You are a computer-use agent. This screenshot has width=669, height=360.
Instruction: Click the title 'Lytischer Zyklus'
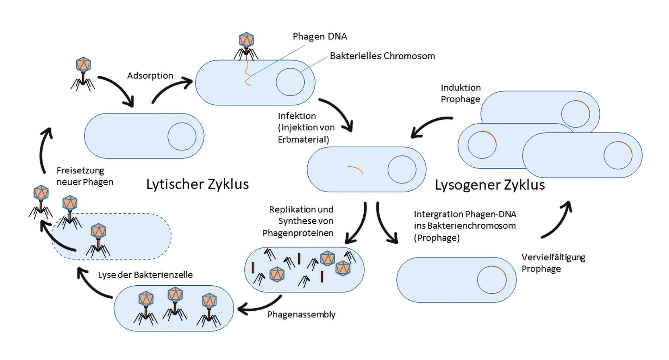tap(198, 184)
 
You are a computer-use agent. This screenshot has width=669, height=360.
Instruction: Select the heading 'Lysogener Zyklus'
tap(490, 185)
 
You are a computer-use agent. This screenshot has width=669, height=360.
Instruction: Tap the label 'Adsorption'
tap(150, 76)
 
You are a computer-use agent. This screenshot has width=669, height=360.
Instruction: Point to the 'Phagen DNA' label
tap(320, 36)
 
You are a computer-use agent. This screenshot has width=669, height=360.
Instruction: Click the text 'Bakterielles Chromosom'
tap(382, 56)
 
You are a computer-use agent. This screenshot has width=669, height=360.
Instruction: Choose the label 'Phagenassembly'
tap(301, 314)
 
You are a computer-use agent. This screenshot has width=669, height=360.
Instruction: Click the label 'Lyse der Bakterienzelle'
tap(145, 275)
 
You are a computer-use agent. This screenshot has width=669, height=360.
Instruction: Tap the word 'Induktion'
tap(461, 88)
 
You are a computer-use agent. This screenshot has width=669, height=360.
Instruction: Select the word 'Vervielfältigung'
tap(553, 257)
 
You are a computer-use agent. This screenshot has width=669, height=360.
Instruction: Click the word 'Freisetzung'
tap(80, 170)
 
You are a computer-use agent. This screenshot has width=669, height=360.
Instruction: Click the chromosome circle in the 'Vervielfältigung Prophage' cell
tap(492, 280)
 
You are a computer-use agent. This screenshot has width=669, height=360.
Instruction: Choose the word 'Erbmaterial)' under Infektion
tap(303, 139)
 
